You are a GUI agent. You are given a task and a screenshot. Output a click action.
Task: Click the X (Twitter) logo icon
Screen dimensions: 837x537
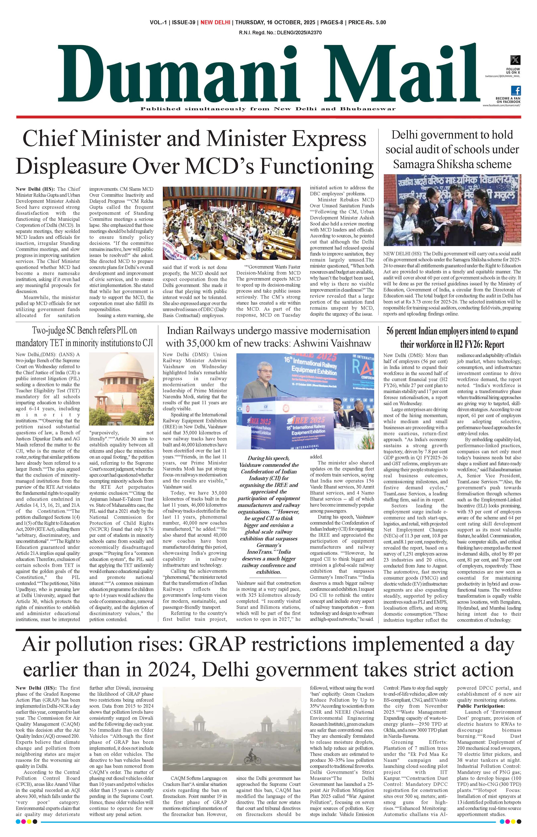tap(515, 60)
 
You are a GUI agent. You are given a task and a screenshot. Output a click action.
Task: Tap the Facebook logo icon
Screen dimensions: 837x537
tap(516, 91)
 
